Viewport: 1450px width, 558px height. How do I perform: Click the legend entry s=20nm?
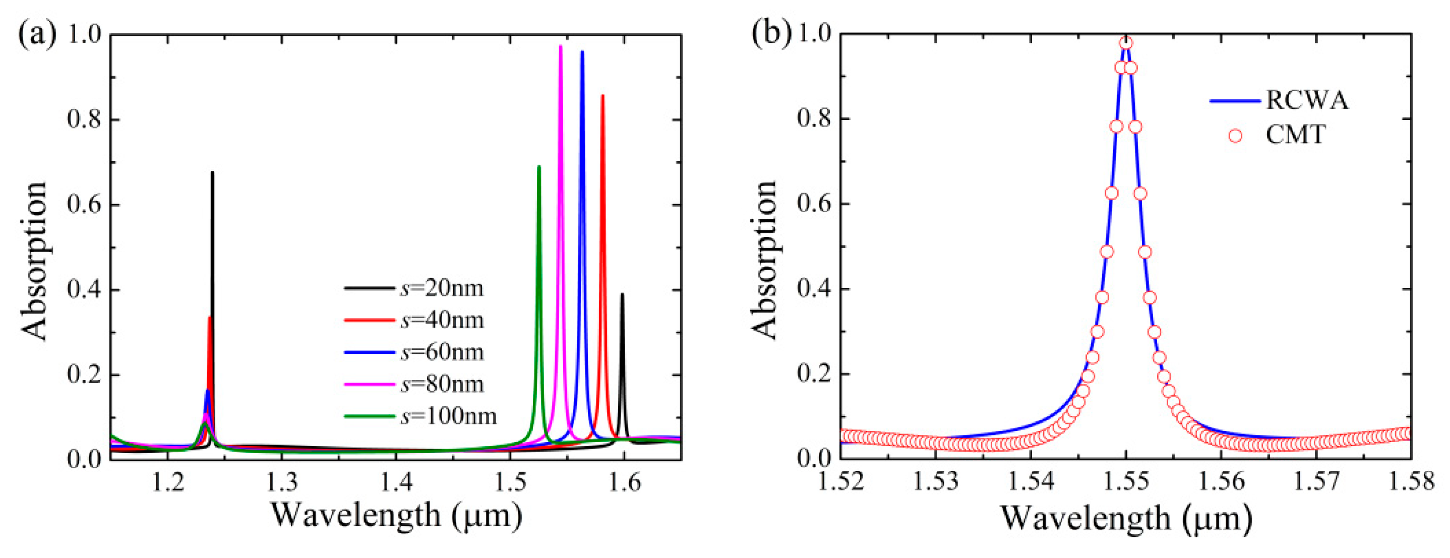[x=441, y=288]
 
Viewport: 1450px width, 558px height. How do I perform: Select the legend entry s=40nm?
[x=442, y=320]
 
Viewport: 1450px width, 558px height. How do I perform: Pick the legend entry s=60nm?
[x=442, y=352]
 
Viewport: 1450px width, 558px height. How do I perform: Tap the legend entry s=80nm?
[x=442, y=384]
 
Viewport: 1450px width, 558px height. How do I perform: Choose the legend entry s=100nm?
[x=449, y=416]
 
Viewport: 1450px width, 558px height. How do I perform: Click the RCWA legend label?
[x=1307, y=101]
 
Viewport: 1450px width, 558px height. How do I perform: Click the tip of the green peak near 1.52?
[x=538, y=167]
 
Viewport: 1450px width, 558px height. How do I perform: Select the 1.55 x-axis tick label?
[x=1126, y=482]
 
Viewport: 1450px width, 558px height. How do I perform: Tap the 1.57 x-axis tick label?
[x=1316, y=482]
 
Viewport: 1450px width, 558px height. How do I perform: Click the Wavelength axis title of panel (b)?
[x=1126, y=518]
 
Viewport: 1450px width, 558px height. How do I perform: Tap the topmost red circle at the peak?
[x=1126, y=43]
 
